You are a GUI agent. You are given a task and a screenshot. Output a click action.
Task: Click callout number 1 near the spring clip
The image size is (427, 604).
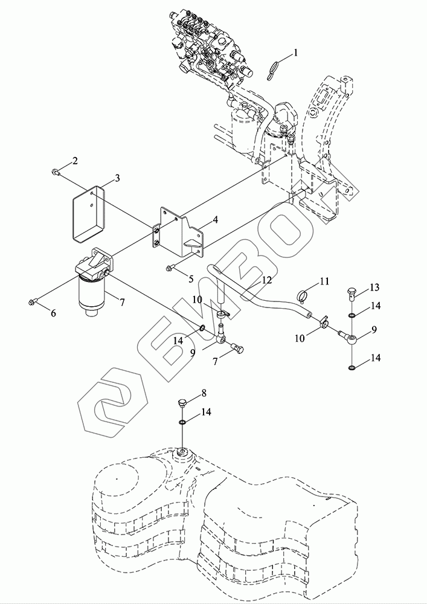point(296,53)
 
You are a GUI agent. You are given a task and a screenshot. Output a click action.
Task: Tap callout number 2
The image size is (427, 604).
point(75,161)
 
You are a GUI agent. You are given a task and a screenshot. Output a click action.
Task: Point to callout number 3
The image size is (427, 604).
point(117,178)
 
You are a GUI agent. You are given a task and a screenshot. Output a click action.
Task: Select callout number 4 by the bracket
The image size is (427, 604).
point(215,220)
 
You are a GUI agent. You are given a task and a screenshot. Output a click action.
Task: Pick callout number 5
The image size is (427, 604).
point(191,279)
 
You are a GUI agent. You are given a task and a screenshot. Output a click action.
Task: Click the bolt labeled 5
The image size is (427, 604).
point(172,268)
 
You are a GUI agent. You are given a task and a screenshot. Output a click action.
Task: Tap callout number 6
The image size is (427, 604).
point(53,313)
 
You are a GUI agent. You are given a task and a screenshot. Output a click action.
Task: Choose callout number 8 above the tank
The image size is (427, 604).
point(204,393)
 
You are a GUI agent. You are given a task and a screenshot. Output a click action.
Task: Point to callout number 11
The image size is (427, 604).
point(324,281)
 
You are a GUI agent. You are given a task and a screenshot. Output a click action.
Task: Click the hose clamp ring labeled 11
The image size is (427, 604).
point(303,297)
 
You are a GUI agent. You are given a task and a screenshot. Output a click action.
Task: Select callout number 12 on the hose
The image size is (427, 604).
point(267,280)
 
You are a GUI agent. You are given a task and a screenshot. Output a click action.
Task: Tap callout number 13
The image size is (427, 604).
point(374,288)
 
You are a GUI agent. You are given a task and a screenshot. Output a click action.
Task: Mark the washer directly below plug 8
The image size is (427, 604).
point(182,423)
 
